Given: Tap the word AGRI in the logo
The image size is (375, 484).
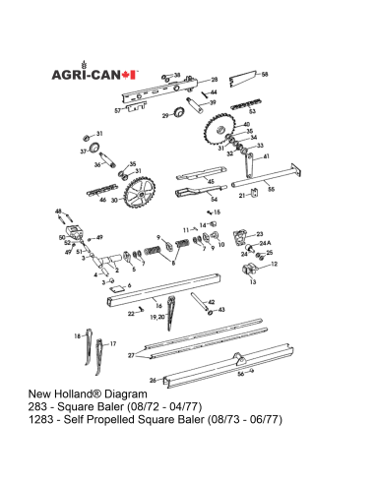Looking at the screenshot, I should click(x=69, y=74).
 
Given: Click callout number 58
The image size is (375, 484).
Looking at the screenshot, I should click(x=263, y=75).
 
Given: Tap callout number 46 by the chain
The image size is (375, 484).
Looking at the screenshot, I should click(x=102, y=199).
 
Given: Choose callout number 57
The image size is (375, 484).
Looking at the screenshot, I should click(x=117, y=111).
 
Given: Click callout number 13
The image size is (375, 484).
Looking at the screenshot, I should click(x=253, y=282).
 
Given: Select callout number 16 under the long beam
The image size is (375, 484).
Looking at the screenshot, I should click(x=157, y=306).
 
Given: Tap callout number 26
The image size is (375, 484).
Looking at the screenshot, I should click(x=153, y=379).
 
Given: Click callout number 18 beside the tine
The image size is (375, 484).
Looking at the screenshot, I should click(x=78, y=336).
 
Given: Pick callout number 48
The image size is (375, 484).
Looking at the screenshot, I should click(x=58, y=212).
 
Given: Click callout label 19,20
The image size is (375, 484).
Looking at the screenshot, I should click(x=154, y=319).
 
